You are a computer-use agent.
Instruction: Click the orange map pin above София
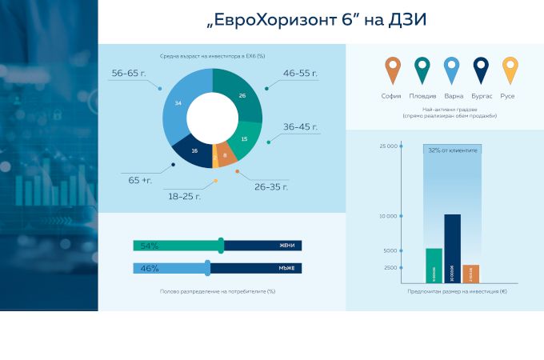click(391, 69)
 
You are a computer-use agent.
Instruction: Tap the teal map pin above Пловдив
click(422, 69)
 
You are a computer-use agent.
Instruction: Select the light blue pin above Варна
click(451, 69)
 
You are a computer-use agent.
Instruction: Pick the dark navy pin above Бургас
click(481, 69)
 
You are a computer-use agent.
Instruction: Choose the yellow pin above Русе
click(510, 69)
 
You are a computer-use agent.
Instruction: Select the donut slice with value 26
click(242, 95)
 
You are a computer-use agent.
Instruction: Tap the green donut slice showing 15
click(244, 138)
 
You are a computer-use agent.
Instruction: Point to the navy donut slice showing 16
click(194, 150)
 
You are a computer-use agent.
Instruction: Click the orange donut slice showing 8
click(226, 155)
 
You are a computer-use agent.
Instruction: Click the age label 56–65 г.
click(130, 73)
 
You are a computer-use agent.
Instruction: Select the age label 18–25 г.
click(184, 195)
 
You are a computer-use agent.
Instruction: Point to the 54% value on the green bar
click(150, 246)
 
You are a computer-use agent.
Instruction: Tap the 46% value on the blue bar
click(150, 269)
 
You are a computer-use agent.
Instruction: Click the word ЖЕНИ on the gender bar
click(287, 246)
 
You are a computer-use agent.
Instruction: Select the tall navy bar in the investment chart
click(452, 249)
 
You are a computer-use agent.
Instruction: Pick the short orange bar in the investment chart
click(471, 274)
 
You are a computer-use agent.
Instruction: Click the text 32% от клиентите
click(452, 150)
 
